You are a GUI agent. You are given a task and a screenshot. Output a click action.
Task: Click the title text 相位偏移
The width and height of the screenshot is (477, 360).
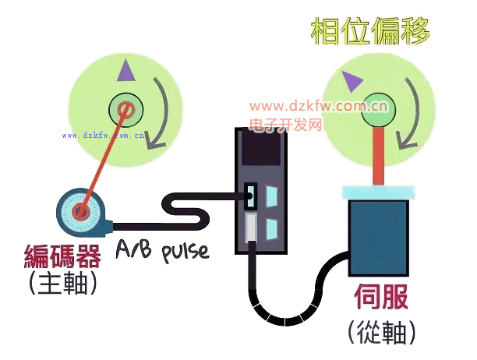[370, 32]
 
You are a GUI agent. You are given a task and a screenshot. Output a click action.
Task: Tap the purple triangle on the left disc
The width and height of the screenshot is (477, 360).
[123, 73]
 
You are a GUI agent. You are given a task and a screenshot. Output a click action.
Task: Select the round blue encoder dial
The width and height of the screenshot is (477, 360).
[81, 211]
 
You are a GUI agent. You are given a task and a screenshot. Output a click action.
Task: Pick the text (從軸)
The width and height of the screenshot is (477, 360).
[382, 330]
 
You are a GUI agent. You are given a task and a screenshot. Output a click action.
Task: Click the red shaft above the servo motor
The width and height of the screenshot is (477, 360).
[380, 156]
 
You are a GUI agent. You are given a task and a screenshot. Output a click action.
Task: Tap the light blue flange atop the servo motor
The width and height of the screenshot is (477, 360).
[379, 192]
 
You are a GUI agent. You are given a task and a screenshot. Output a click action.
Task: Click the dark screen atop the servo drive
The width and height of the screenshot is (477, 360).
[260, 148]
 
